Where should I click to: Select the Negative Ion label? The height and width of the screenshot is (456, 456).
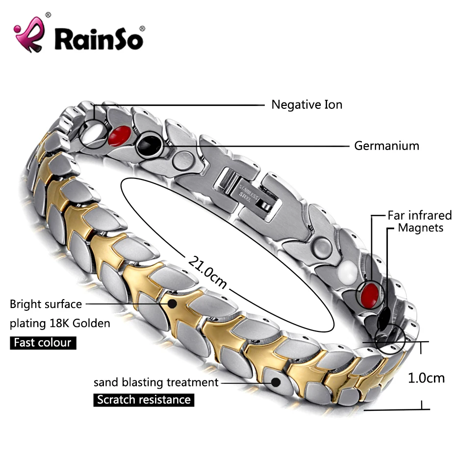tap(307, 104)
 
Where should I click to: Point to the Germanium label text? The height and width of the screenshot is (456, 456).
tap(387, 146)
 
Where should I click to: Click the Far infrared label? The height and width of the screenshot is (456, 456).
tap(420, 215)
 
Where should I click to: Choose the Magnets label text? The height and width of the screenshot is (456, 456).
tap(421, 228)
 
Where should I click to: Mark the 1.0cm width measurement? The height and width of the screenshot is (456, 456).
tap(426, 378)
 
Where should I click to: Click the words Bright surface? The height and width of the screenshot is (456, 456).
tap(46, 304)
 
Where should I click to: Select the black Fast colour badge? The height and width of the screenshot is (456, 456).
tap(43, 342)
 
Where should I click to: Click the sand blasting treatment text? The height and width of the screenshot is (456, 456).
tap(156, 382)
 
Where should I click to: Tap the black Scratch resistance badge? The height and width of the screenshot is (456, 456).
tap(144, 400)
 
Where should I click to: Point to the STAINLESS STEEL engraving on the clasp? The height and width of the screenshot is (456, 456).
tap(248, 192)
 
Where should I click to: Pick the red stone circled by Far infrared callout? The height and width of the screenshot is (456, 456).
tap(370, 294)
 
